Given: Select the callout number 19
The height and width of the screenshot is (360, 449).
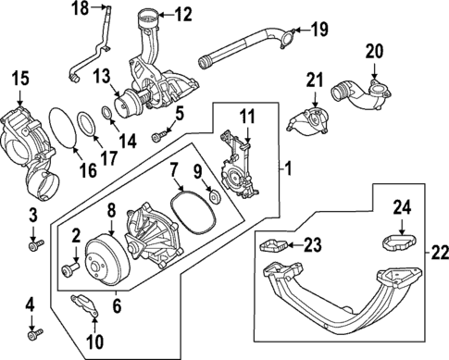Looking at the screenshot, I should pyautogui.click(x=318, y=30).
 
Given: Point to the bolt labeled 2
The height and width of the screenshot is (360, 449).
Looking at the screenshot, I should pyautogui.click(x=69, y=269).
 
